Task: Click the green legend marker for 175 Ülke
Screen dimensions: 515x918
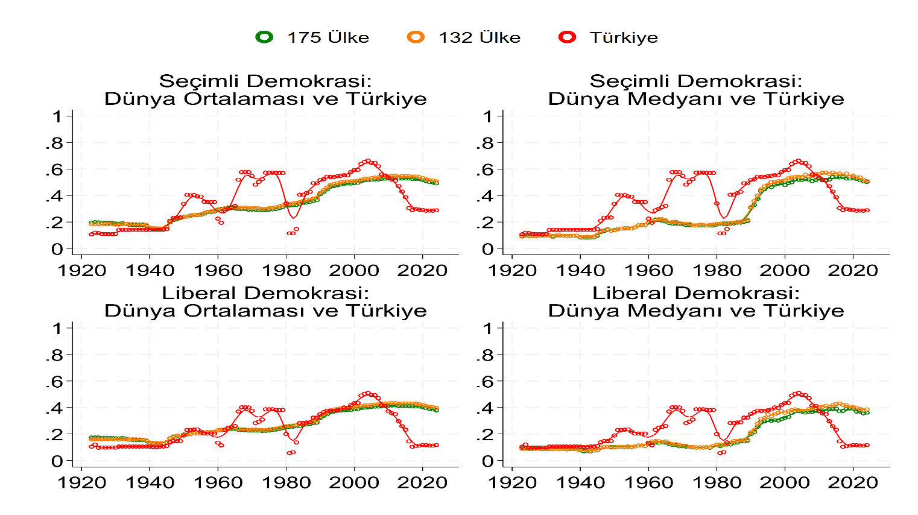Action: coord(264,37)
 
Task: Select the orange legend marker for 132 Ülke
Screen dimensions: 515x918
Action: coord(416,37)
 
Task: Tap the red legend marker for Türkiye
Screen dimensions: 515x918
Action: coord(568,37)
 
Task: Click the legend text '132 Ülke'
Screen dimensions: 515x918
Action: coord(480,37)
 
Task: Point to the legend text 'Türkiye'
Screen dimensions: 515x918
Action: coord(624,37)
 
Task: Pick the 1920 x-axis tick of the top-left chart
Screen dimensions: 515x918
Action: coord(81,270)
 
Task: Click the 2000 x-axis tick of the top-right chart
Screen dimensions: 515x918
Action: coord(784,270)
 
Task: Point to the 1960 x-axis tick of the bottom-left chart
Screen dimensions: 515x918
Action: coord(218,482)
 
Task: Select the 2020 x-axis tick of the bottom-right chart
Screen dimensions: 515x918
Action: coord(852,482)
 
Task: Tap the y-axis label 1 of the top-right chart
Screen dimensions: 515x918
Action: coord(488,116)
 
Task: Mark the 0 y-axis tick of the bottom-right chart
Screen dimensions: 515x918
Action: coord(488,461)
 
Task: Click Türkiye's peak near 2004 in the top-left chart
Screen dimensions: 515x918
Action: coord(368,161)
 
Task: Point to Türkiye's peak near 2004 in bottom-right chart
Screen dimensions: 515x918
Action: coord(799,393)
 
